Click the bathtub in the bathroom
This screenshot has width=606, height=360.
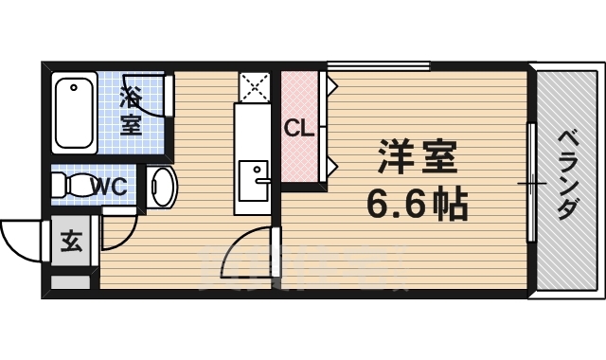[73, 115]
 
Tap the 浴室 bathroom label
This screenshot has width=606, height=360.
[131, 110]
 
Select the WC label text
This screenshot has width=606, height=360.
[108, 187]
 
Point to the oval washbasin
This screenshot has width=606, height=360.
[162, 187]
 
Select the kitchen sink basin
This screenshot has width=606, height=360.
[254, 180]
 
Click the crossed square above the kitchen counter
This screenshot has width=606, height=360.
[254, 87]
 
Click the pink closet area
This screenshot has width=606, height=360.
[301, 152]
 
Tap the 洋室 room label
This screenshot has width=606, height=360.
[417, 157]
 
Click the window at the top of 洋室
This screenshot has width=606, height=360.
[379, 66]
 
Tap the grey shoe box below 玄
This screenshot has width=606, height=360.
[71, 280]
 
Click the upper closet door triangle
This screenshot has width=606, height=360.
[332, 88]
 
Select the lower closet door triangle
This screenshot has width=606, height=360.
[332, 168]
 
